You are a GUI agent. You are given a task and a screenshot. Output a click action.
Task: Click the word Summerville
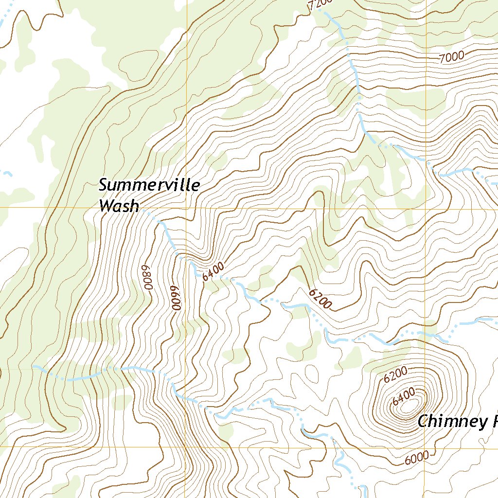(149, 186)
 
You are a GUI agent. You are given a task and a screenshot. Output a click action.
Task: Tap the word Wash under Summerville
(119, 206)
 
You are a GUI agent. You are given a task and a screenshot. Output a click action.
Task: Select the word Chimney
(450, 422)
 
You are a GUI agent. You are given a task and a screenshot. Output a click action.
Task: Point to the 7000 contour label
(451, 57)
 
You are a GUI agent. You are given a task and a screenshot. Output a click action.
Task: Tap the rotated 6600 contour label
(177, 297)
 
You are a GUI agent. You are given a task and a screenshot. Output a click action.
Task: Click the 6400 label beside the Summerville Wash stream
(213, 271)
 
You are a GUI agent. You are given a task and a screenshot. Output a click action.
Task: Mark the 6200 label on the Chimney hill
(395, 375)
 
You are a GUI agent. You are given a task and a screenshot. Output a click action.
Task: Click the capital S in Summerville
(104, 185)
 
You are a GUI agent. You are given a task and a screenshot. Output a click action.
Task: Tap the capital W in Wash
(105, 206)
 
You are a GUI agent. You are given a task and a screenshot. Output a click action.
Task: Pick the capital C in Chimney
(423, 422)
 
